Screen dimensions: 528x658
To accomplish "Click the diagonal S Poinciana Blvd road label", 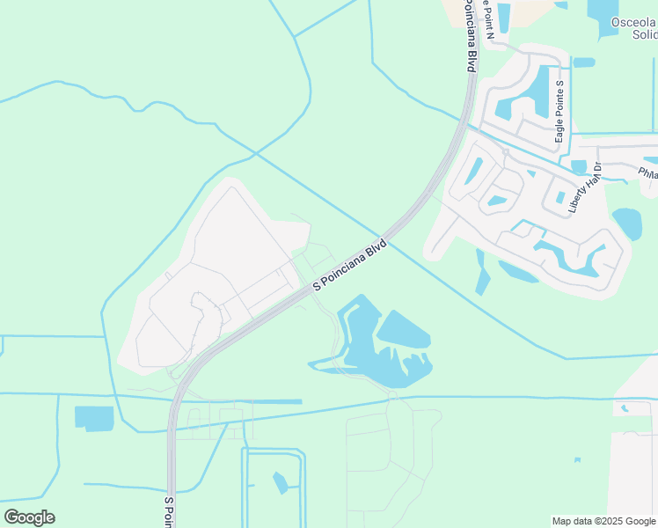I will pos(350,262).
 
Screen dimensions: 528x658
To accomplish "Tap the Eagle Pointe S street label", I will pos(559,112).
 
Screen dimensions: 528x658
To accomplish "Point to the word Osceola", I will pos(633,21).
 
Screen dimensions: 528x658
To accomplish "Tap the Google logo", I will pos(29,517).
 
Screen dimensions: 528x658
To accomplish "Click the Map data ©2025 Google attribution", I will pos(603,521).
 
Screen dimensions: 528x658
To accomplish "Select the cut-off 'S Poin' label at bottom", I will pos(170,511).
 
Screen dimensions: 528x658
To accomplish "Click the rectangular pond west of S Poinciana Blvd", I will pos(94,418).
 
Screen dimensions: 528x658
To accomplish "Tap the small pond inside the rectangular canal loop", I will pos(280,482).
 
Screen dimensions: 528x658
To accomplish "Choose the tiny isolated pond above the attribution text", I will pos(577,459).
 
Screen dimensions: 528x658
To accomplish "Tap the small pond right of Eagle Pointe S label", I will pos(583,62).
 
